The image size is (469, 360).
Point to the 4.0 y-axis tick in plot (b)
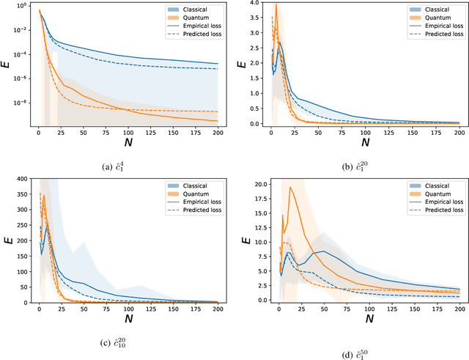pos(254,3)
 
